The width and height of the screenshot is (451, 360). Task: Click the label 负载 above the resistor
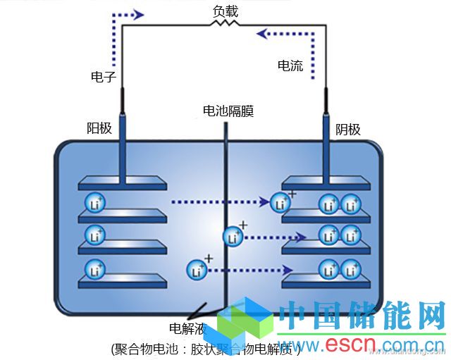[x=225, y=11]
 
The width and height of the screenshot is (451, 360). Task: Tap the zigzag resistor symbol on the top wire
[x=225, y=24]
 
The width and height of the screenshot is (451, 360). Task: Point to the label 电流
[x=290, y=66]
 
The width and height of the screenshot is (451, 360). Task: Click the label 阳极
[x=99, y=128]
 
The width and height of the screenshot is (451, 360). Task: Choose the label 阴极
[x=348, y=129]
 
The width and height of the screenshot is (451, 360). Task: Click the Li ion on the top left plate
[x=94, y=204]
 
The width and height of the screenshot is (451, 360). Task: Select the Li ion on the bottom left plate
[x=94, y=269]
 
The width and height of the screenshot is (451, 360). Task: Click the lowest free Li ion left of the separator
[x=197, y=269]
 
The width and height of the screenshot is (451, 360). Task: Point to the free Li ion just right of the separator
[x=233, y=237]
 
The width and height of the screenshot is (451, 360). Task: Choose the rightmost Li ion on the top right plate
[x=351, y=204]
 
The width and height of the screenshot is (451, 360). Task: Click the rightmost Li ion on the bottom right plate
[x=351, y=269]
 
